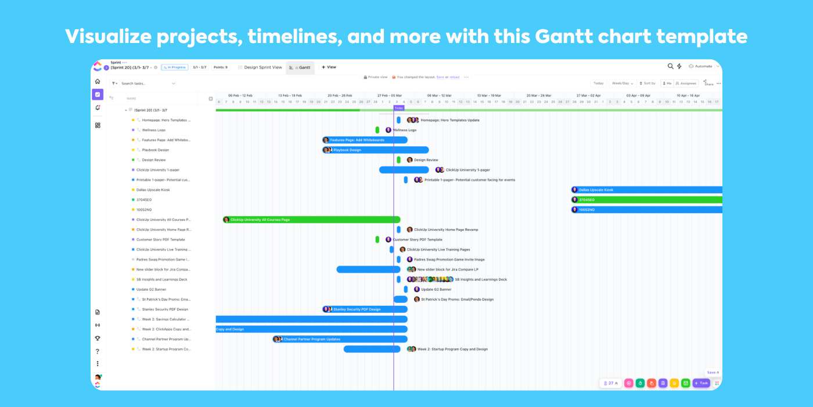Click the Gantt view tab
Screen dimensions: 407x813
pyautogui.click(x=301, y=67)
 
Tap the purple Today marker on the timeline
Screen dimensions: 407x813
pyautogui.click(x=399, y=108)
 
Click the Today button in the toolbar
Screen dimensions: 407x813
pyautogui.click(x=598, y=83)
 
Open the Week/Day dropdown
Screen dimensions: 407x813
pyautogui.click(x=622, y=83)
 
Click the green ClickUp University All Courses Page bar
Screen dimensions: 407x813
pyautogui.click(x=311, y=220)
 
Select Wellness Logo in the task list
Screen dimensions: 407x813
pyautogui.click(x=153, y=130)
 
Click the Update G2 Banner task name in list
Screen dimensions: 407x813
pyautogui.click(x=151, y=290)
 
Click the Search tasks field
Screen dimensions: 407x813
pyautogui.click(x=145, y=84)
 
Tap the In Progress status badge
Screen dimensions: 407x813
pyautogui.click(x=175, y=67)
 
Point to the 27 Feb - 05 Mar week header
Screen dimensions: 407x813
pyautogui.click(x=389, y=95)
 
